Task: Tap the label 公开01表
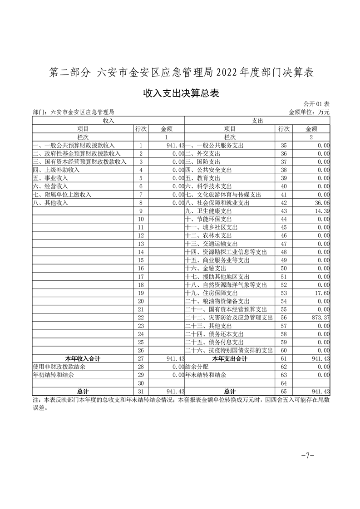pos(317,104)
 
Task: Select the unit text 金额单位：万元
pos(309,112)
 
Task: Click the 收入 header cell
pos(108,121)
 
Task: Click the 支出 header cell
pos(257,121)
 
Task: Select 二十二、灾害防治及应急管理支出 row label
pos(229,318)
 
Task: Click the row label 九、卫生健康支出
pos(209,211)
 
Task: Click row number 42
pos(284,203)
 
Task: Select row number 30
pos(141,383)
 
